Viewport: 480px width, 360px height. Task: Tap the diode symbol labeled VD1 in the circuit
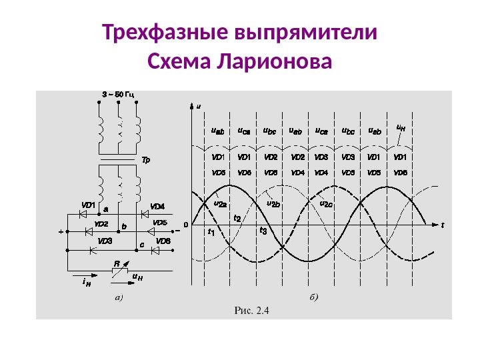coord(85,214)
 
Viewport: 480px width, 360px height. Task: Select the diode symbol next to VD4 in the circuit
coord(143,214)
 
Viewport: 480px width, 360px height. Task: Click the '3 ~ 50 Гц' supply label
coord(118,94)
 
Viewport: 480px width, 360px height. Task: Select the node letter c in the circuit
coord(141,245)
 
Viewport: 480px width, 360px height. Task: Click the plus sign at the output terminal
coord(61,233)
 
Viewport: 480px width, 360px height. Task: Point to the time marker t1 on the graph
coord(211,232)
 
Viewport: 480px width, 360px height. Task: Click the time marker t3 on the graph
coord(263,231)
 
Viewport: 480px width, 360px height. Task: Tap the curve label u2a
coord(221,204)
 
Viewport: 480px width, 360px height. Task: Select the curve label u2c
coord(327,204)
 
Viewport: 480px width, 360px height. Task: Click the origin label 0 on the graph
coord(186,225)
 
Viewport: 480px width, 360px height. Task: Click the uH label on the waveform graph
coord(401,125)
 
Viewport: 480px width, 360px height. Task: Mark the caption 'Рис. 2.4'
coord(251,309)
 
